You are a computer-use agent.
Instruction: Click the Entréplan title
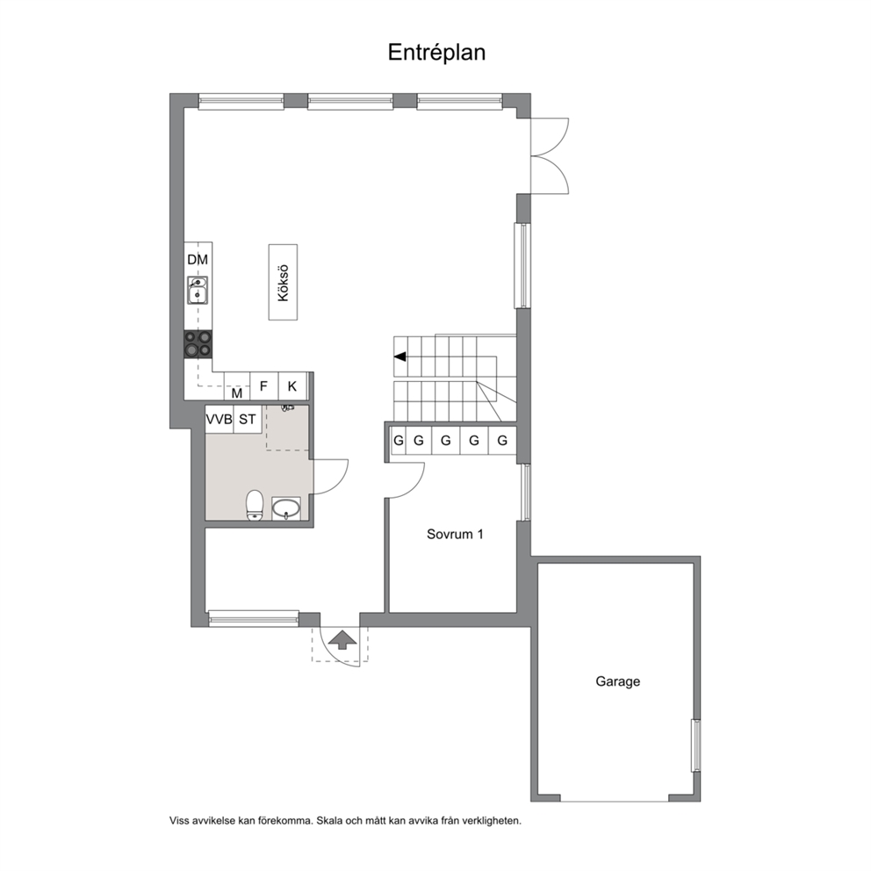click(x=436, y=53)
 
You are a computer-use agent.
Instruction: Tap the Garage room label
click(x=618, y=681)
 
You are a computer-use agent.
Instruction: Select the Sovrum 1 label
click(x=455, y=535)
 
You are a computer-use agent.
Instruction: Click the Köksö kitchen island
click(x=284, y=282)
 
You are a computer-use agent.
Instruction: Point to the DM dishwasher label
click(x=198, y=259)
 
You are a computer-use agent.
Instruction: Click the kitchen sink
click(x=198, y=290)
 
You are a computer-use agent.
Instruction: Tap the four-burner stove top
click(x=198, y=344)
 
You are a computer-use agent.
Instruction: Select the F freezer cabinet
click(x=264, y=386)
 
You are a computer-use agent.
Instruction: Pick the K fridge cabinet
click(x=292, y=386)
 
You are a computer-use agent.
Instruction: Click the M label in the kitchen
click(x=237, y=393)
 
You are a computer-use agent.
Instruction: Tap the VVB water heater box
click(x=220, y=420)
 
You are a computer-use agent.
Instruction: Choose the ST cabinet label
click(x=248, y=420)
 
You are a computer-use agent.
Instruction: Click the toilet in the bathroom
click(x=255, y=506)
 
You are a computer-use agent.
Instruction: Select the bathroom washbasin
click(x=286, y=508)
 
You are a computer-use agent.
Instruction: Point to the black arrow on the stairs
click(x=400, y=356)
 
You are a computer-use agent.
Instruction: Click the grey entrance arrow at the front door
click(x=342, y=639)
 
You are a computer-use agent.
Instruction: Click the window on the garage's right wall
click(x=695, y=745)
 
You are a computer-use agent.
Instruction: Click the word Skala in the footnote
click(x=329, y=820)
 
